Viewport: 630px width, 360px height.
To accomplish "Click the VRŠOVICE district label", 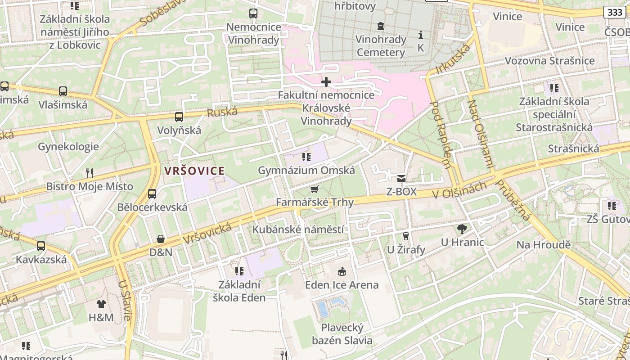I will pos(194,171).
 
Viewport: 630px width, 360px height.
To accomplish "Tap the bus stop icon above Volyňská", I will pos(179,117).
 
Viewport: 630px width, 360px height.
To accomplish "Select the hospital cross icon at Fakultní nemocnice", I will pos(326,82).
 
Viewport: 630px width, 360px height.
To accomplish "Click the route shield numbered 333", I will pos(615,12).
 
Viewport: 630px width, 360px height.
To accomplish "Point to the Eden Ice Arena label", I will pos(342,285).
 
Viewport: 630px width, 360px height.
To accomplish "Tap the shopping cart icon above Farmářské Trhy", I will pos(315,189).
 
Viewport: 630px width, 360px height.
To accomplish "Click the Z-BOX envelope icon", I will pos(401,179).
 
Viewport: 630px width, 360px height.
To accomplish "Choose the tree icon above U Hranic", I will pos(462,229).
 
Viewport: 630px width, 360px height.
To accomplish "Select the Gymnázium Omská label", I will pos(306,171).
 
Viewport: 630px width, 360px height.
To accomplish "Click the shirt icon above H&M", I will pos(101,304).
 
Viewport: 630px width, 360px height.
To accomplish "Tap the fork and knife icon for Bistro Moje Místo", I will pos(90,173).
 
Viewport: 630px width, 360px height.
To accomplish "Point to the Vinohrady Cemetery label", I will pos(381,46).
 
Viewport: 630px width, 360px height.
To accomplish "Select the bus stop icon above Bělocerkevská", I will pos(152,194).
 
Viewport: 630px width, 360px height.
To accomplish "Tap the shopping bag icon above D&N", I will pos(161,239).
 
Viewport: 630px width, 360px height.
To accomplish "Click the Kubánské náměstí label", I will pos(298,229).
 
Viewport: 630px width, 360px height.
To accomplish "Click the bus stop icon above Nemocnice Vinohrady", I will pos(253,13).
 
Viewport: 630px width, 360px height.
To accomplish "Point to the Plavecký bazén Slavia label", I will pos(342,334).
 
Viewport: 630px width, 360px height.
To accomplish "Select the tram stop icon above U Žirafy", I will pos(406,236).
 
